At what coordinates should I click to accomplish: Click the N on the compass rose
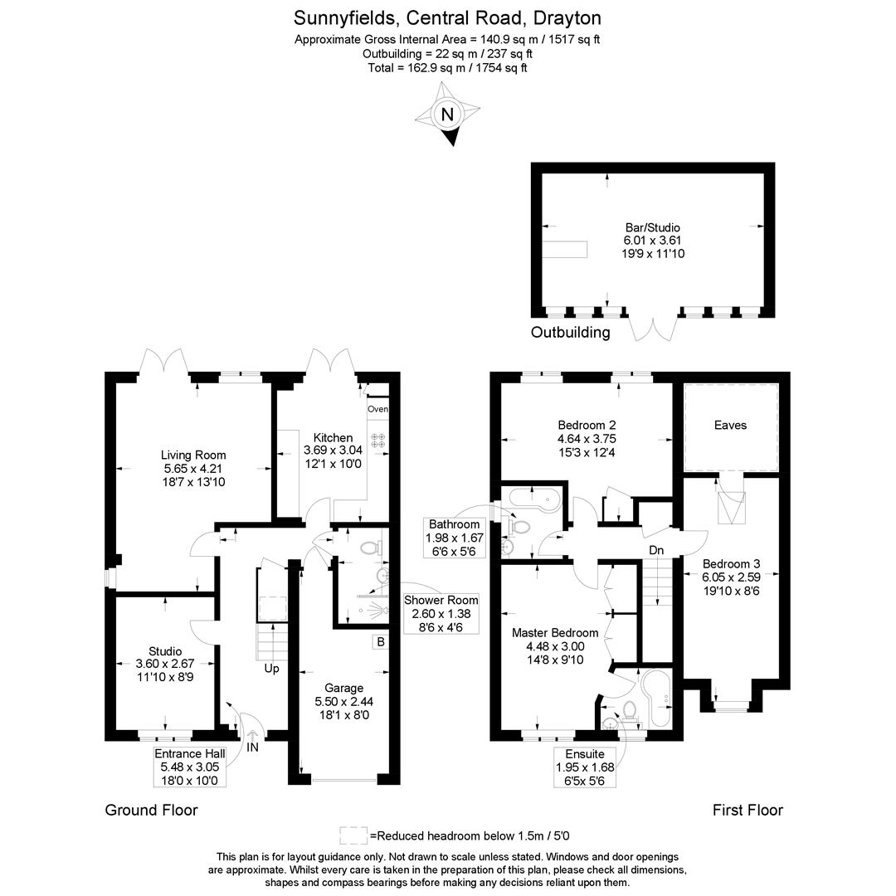point(447,114)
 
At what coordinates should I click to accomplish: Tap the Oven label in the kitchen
point(377,409)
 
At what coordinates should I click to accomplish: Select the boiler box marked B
point(381,641)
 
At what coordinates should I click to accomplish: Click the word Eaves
point(730,425)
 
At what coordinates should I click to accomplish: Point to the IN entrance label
point(252,747)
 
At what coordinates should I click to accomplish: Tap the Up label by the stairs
point(271,668)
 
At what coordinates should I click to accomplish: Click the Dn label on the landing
point(656,550)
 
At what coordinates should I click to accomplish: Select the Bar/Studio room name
point(653,227)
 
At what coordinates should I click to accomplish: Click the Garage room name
point(344,688)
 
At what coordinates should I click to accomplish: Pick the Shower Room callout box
point(441,614)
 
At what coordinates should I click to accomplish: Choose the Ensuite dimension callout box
point(585,767)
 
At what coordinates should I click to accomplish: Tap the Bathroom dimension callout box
point(455,538)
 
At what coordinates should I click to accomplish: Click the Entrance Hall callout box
point(190,767)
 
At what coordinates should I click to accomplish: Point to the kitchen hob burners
point(377,441)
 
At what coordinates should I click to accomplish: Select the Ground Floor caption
point(152,810)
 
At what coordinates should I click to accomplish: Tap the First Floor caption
point(747,810)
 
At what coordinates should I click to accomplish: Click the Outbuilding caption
point(570,332)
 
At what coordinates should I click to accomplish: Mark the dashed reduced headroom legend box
point(353,835)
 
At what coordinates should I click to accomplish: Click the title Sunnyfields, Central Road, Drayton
point(447,18)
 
